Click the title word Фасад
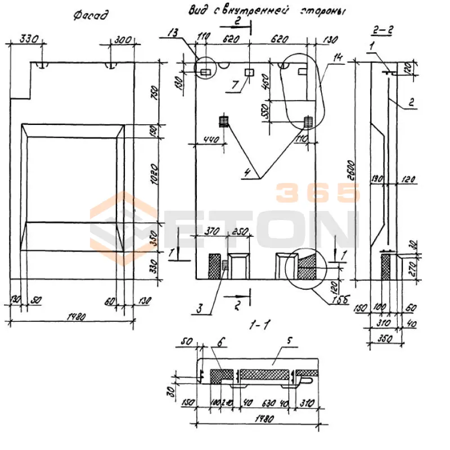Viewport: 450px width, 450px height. (90, 15)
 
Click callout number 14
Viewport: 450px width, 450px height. (337, 56)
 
